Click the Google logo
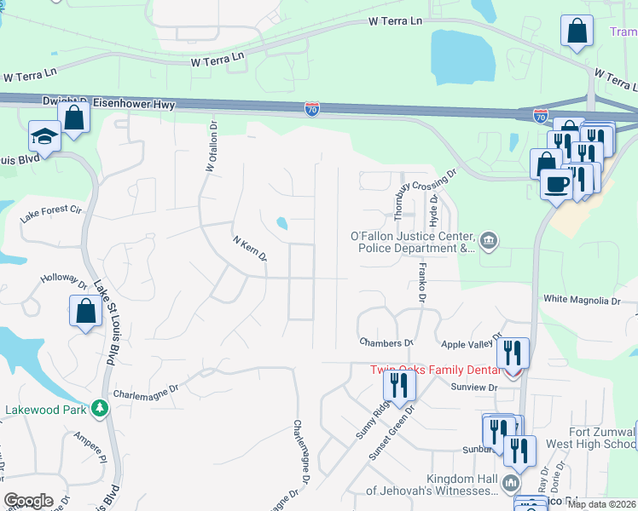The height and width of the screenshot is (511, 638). coord(28,501)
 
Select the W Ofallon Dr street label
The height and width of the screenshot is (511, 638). coord(211,146)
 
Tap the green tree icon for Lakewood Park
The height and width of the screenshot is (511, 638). coord(101,409)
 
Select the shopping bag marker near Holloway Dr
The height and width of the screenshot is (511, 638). coord(86,311)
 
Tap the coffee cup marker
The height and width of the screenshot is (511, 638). coord(557,184)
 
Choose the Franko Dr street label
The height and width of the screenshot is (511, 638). coord(420,282)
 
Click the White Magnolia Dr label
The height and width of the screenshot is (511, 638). coord(582,301)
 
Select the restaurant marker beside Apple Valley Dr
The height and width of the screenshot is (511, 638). coord(513,352)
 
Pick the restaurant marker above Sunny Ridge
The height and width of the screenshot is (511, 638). coord(399,384)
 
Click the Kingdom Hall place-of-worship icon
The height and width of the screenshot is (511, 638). coord(510,484)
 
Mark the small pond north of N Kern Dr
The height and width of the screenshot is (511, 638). coord(281,224)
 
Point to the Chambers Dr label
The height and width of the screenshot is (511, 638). coord(385,342)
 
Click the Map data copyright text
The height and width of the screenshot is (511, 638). coord(600,504)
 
